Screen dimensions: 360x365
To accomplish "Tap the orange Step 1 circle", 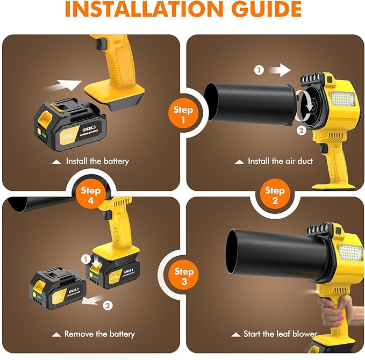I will click(x=183, y=114).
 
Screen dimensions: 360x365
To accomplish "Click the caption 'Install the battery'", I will click(x=97, y=161).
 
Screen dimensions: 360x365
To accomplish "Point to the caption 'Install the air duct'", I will click(x=280, y=161).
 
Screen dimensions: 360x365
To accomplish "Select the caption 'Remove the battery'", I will click(x=99, y=334).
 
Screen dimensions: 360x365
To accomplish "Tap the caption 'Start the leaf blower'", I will click(x=280, y=334).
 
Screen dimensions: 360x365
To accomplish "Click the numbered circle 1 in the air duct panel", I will click(x=259, y=70).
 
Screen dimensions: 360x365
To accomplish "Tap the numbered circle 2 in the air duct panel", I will click(x=302, y=129).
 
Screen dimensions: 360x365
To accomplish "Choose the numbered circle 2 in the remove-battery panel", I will click(x=108, y=306).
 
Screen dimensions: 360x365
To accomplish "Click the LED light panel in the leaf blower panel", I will click(x=351, y=253).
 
